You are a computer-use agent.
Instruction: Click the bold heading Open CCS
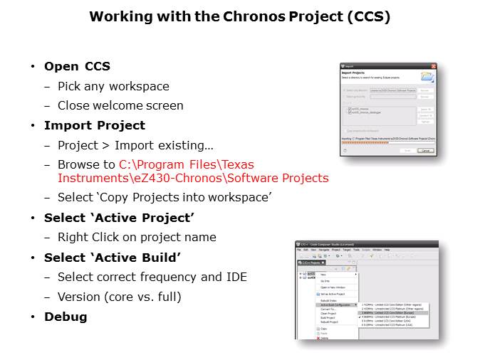(x=77, y=66)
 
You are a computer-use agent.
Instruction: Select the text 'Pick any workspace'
(x=113, y=86)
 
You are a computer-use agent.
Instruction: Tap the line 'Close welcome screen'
(x=120, y=105)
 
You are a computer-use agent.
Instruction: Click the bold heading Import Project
(x=94, y=125)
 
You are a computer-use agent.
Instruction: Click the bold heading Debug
(x=66, y=317)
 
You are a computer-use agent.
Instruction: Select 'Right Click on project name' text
(x=137, y=237)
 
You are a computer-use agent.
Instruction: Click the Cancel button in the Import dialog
(x=425, y=150)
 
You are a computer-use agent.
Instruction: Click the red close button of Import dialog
(x=432, y=66)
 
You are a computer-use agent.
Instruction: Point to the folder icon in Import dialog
(x=427, y=77)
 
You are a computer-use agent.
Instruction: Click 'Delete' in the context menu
(x=325, y=338)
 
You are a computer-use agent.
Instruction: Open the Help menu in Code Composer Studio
(x=386, y=250)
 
